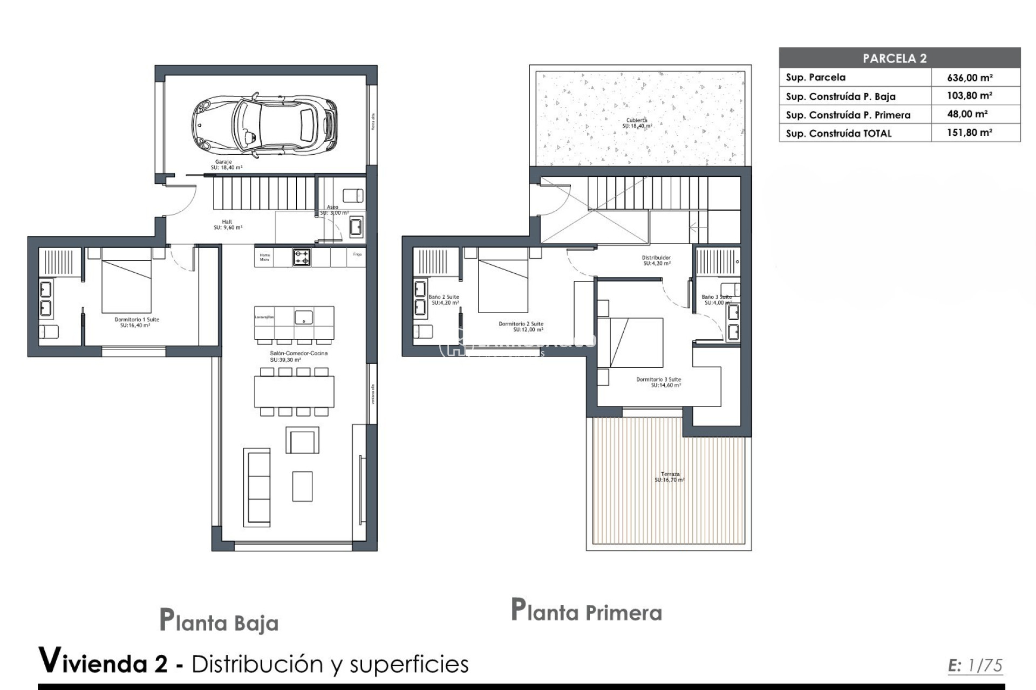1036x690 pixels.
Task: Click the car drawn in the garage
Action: [x=264, y=125]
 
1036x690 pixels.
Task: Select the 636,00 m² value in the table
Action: [x=970, y=78]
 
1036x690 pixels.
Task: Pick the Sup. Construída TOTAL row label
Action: [x=839, y=134]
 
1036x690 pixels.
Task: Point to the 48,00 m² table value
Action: [x=967, y=114]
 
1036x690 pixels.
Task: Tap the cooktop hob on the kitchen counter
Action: [x=302, y=257]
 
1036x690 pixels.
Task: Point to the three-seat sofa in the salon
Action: [x=257, y=487]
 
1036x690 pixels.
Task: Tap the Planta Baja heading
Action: [x=219, y=622]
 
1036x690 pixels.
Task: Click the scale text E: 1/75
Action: [x=975, y=666]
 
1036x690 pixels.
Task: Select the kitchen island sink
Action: [x=303, y=318]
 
